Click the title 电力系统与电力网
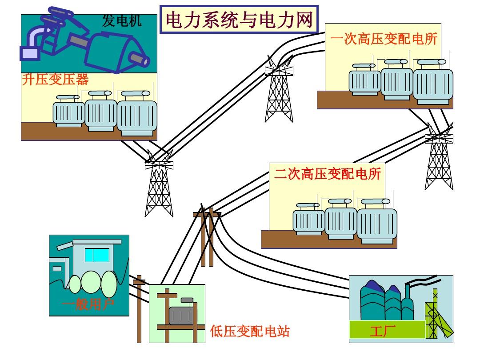[x=239, y=20]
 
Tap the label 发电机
[x=122, y=21]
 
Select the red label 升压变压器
[x=55, y=79]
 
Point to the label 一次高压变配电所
[x=384, y=39]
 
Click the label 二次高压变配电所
[x=328, y=173]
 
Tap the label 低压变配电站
[x=250, y=332]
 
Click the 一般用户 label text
[x=88, y=304]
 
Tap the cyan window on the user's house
[x=97, y=255]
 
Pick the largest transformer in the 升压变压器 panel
[x=137, y=116]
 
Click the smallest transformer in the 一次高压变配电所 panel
[x=364, y=81]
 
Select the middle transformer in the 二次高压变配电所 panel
[x=341, y=221]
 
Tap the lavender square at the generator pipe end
[x=29, y=53]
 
